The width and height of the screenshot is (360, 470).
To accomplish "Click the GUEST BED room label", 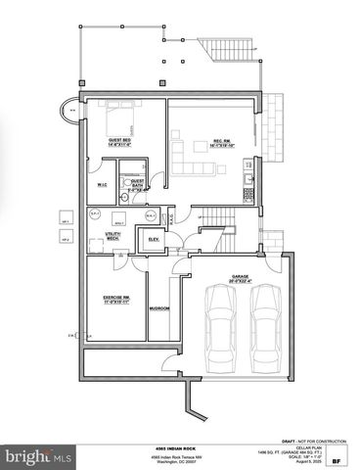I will tap(122, 140).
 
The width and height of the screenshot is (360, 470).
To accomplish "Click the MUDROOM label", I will tap(159, 308).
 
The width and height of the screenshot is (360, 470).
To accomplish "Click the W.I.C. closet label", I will tap(103, 184).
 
